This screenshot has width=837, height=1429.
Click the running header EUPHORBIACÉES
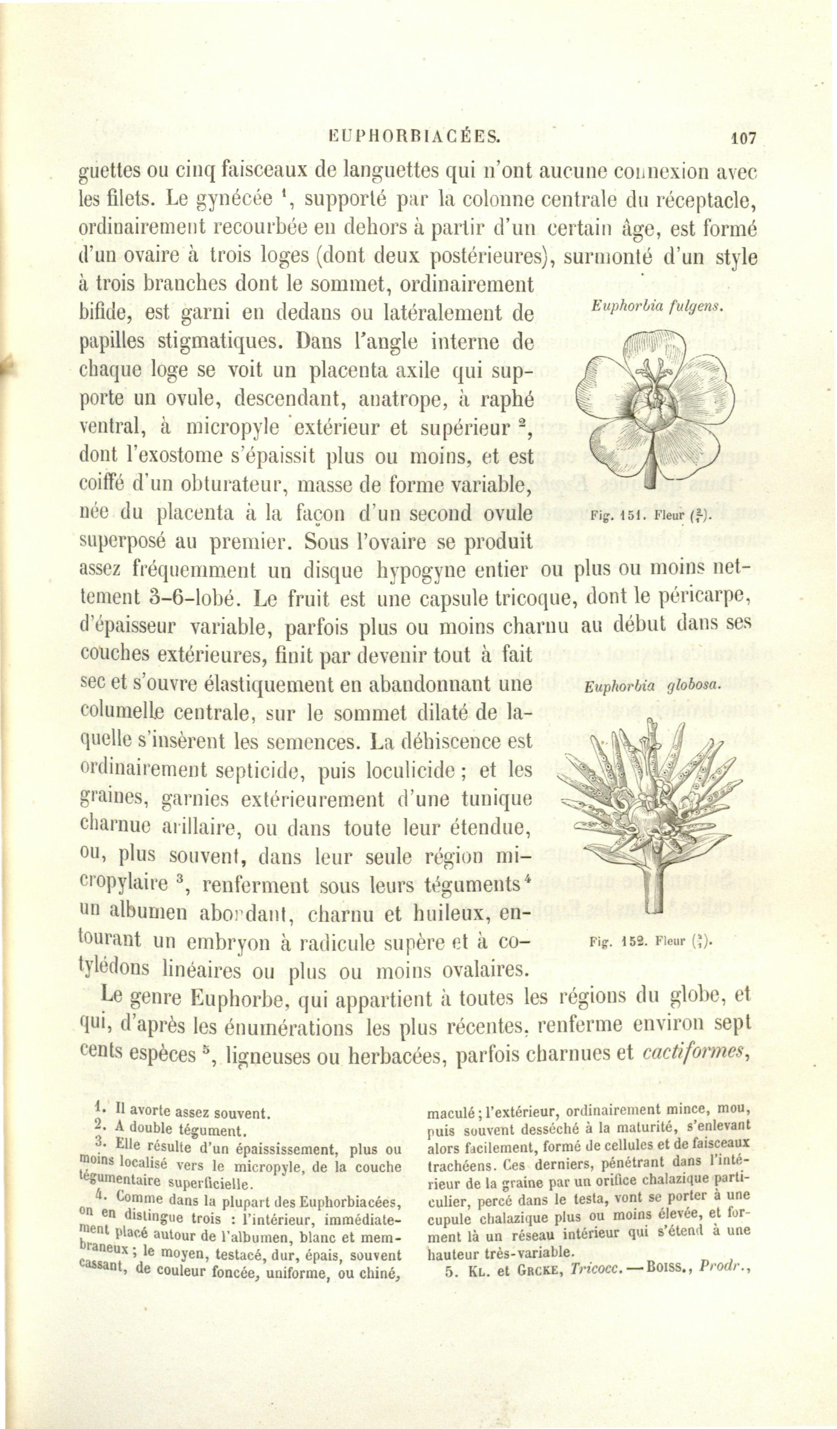(414, 137)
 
